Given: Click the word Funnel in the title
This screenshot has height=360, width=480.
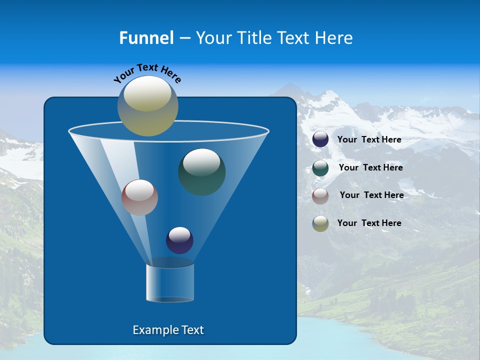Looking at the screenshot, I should point(146,38).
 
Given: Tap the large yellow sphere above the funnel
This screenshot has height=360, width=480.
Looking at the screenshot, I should point(147,106).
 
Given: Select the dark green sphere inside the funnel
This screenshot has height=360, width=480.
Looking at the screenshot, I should point(201,172).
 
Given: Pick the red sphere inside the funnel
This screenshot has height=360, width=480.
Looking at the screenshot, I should point(139,197).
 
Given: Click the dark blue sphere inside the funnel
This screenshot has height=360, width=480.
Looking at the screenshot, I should point(179,240).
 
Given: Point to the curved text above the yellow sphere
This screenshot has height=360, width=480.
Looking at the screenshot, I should point(147,73).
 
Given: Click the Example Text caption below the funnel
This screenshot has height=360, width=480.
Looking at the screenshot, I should point(168,330).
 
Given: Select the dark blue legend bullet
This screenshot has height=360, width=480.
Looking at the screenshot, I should point(320,139).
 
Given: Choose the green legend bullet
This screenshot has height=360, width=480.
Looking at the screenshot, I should point(320,168).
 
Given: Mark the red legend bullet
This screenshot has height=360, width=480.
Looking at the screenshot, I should point(320,196).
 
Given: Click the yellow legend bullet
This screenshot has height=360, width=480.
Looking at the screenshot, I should point(320,223).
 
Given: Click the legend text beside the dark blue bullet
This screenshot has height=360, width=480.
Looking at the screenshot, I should point(369,140).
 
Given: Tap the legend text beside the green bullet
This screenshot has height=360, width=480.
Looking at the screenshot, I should point(370,168).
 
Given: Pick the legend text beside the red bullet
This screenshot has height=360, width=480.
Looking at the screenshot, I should point(371,195).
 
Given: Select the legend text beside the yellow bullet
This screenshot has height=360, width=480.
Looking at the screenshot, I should point(369,223).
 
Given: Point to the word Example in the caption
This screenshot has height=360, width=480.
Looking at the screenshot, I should point(153,330).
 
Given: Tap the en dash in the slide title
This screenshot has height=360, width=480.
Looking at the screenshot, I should point(184,38).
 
